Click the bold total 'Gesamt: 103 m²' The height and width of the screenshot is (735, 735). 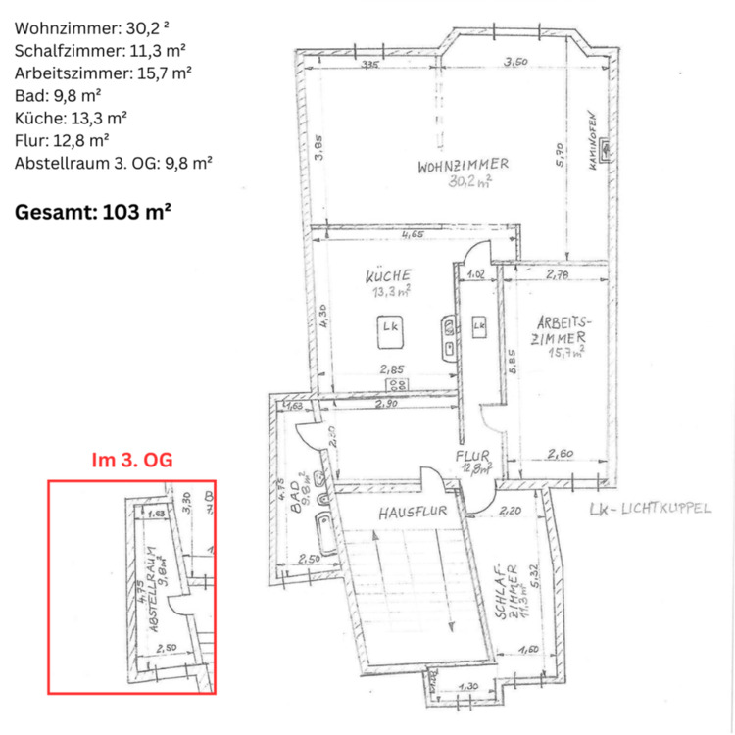tap(94, 210)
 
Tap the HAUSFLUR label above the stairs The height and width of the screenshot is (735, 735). tap(408, 512)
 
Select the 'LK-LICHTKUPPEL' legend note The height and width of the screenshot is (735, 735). tap(649, 509)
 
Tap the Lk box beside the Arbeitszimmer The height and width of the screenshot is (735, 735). tap(478, 325)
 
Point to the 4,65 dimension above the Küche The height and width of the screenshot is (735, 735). tap(412, 234)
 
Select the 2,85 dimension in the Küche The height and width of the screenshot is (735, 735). tap(393, 369)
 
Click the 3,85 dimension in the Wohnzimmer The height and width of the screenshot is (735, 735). tap(318, 155)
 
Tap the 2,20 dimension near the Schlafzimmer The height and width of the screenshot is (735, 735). tap(511, 511)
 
